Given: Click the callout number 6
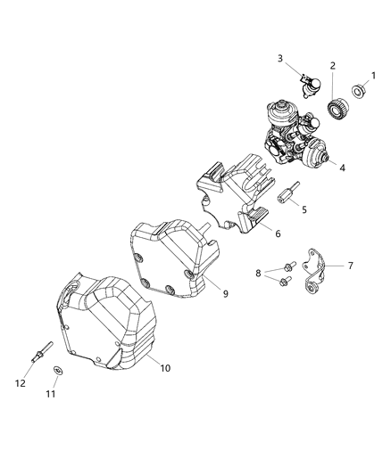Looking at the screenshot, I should [277, 234].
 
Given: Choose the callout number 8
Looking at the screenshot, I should [258, 274].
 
